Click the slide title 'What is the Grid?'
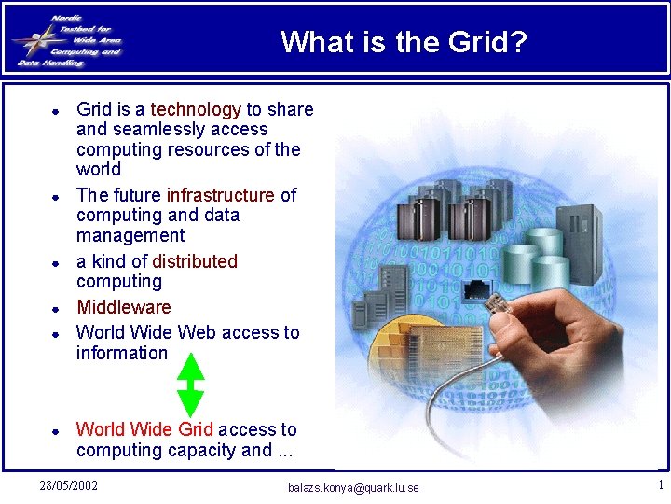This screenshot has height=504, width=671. click(x=404, y=42)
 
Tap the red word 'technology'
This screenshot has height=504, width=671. click(x=196, y=109)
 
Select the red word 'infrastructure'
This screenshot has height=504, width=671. click(x=221, y=195)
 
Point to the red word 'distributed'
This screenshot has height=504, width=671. click(x=195, y=261)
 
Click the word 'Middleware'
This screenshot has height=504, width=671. click(x=123, y=307)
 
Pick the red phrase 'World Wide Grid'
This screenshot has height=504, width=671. click(x=144, y=429)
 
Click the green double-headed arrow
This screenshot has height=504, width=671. click(x=190, y=384)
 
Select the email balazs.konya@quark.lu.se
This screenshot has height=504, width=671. click(x=353, y=488)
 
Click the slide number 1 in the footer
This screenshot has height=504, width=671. click(x=660, y=485)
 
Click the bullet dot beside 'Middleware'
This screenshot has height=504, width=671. click(x=56, y=308)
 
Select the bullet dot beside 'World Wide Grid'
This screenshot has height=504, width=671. click(x=56, y=431)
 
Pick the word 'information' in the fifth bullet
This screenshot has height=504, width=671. click(x=122, y=353)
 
